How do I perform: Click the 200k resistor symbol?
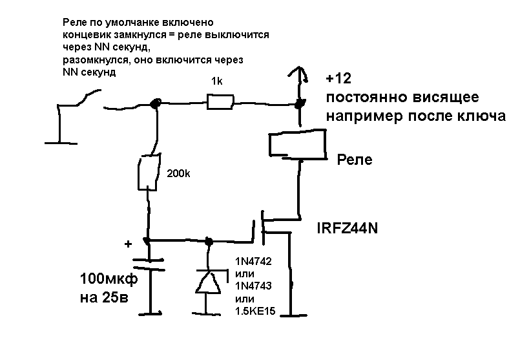coord(147,172)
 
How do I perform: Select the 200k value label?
coord(179,174)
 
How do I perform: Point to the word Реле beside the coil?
coord(355,160)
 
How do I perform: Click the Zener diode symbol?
coord(208,282)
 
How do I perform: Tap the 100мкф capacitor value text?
coord(107,280)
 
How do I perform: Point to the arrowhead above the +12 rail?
coord(298,72)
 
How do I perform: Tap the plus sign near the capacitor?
coord(128,244)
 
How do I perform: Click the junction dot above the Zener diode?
coord(208,242)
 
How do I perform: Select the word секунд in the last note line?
coord(99,72)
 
